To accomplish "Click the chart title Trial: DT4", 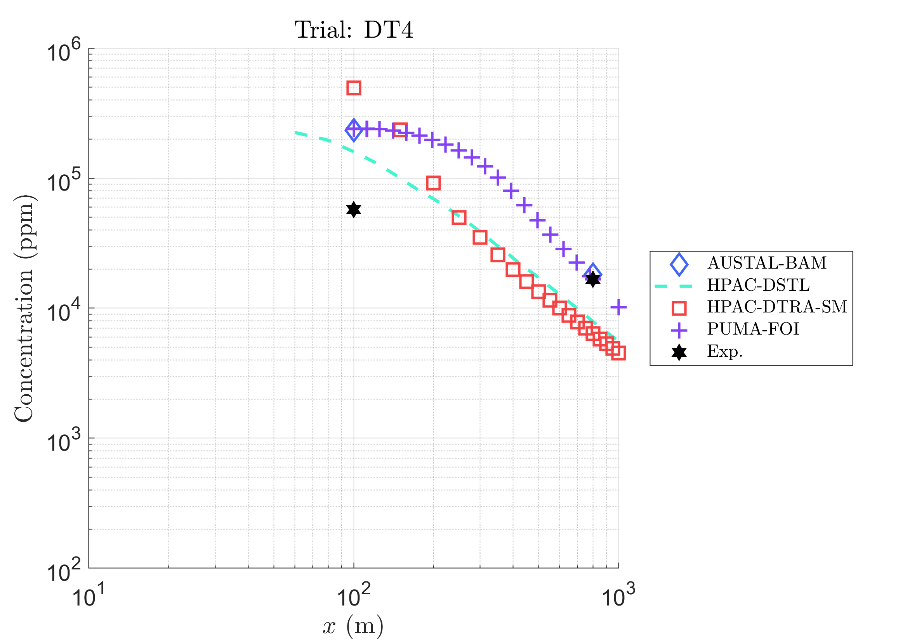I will tap(353, 30).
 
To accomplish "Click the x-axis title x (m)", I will tap(353, 626).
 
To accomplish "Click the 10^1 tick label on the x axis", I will tap(88, 595).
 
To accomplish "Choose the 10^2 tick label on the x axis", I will tap(353, 595).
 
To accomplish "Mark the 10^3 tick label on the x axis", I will tap(618, 595).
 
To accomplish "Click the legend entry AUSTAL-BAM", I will tap(766, 263).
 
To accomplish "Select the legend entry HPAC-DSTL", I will tap(758, 285).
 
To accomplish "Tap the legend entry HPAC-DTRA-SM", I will tap(777, 307).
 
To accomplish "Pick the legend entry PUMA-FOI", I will tap(753, 329).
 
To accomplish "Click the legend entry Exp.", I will tap(724, 351).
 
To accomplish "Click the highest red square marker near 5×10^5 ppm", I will tap(354, 88).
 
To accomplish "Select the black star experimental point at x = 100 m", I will tap(354, 210).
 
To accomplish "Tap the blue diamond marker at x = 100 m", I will tap(354, 130).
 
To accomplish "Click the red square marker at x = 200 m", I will tap(433, 183).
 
